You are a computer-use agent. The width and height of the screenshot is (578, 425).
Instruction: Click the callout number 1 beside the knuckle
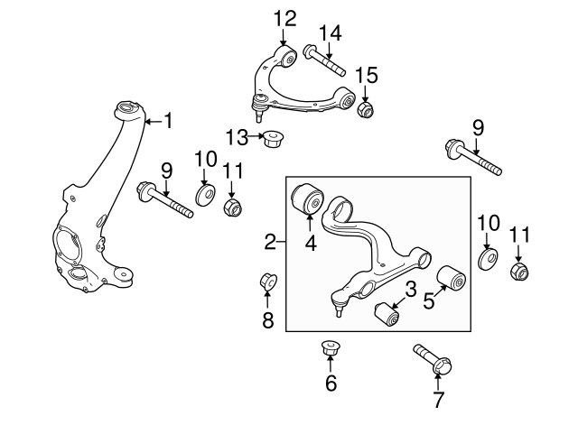[168, 120]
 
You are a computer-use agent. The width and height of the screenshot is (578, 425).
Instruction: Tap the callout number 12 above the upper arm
[285, 18]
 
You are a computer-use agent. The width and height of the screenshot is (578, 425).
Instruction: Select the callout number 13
[237, 137]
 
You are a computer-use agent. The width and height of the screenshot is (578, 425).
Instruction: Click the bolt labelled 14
[324, 60]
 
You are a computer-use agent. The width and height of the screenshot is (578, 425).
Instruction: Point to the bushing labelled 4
[307, 198]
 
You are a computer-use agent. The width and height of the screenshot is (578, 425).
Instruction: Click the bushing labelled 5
[452, 277]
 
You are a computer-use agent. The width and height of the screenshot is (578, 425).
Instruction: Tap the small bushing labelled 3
[387, 314]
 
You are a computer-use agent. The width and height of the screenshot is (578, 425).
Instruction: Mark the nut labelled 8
[268, 282]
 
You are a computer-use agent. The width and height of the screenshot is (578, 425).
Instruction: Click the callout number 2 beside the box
[270, 242]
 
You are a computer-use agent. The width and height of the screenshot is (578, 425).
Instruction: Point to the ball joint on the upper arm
[259, 106]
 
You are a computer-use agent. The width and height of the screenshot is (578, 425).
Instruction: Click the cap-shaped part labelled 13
[272, 138]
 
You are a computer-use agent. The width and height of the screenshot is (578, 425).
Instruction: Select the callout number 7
[437, 399]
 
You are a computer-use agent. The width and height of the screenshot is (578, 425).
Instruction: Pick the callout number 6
[331, 383]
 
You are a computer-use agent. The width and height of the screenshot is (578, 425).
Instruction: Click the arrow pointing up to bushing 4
[309, 223]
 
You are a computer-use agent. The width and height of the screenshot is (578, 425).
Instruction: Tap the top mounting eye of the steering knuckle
[127, 109]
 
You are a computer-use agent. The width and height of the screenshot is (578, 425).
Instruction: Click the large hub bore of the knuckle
[69, 245]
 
